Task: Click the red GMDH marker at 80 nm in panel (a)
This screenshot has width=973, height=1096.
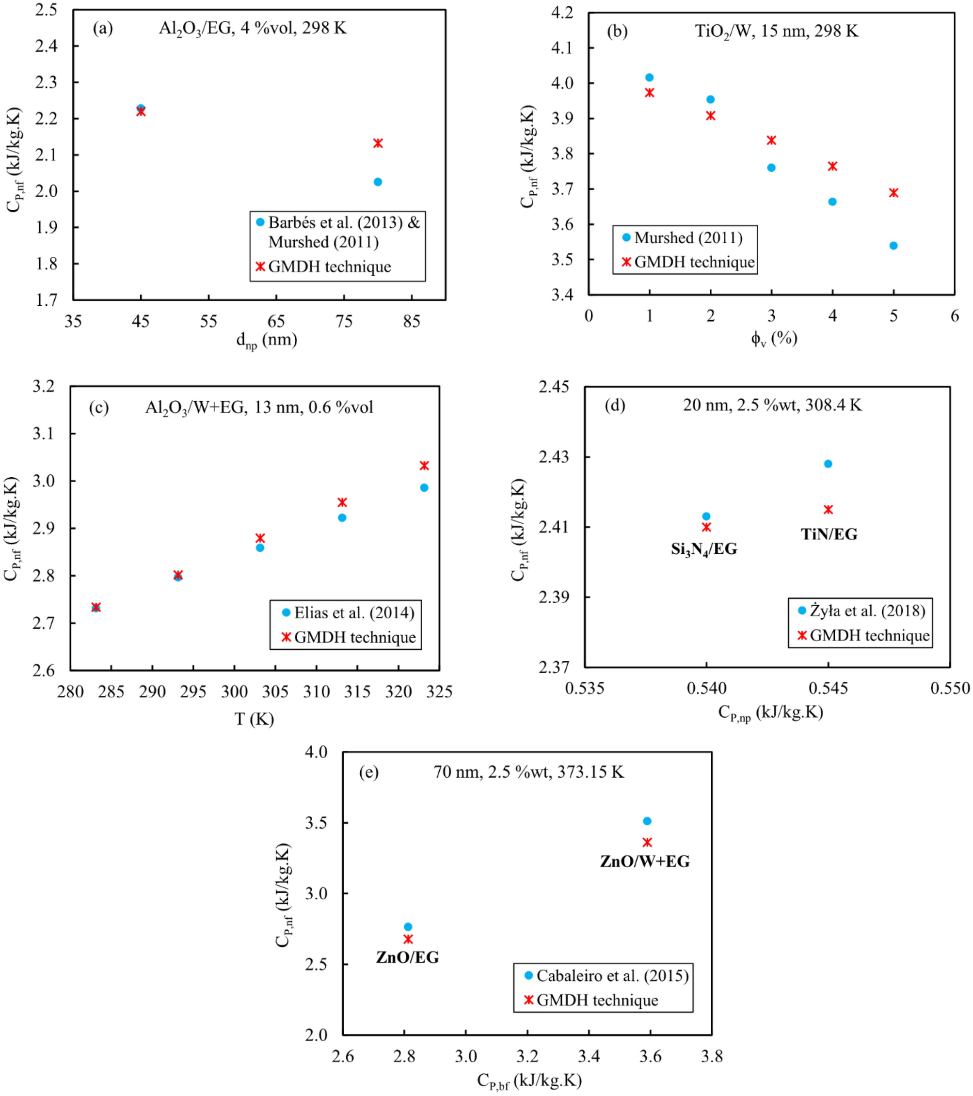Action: tap(378, 143)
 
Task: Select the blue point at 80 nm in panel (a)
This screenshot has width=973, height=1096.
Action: tap(378, 182)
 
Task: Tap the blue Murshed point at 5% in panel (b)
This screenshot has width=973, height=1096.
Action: tap(893, 246)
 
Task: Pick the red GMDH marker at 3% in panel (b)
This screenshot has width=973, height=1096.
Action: tap(771, 141)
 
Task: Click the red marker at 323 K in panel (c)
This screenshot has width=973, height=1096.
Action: tap(424, 466)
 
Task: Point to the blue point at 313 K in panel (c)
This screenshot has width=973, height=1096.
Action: tap(342, 517)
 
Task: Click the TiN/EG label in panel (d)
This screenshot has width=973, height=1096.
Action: tap(829, 534)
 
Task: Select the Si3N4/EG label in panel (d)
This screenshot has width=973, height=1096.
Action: tap(704, 549)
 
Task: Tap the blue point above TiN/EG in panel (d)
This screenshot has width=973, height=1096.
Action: tap(828, 464)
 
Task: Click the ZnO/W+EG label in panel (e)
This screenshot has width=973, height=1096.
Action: tap(645, 861)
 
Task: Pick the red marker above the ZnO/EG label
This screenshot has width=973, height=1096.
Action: tap(408, 939)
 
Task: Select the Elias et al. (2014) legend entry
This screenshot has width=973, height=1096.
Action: tap(354, 612)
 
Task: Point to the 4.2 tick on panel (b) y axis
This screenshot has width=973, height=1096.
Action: tap(562, 12)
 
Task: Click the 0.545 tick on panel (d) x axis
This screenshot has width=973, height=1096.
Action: tap(828, 688)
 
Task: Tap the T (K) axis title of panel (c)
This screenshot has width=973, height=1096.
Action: tap(254, 719)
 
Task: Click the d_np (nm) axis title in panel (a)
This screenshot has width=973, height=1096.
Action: tap(267, 340)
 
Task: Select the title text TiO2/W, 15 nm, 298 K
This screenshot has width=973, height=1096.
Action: tap(776, 31)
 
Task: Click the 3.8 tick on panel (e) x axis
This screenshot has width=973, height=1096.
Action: tap(711, 1056)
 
